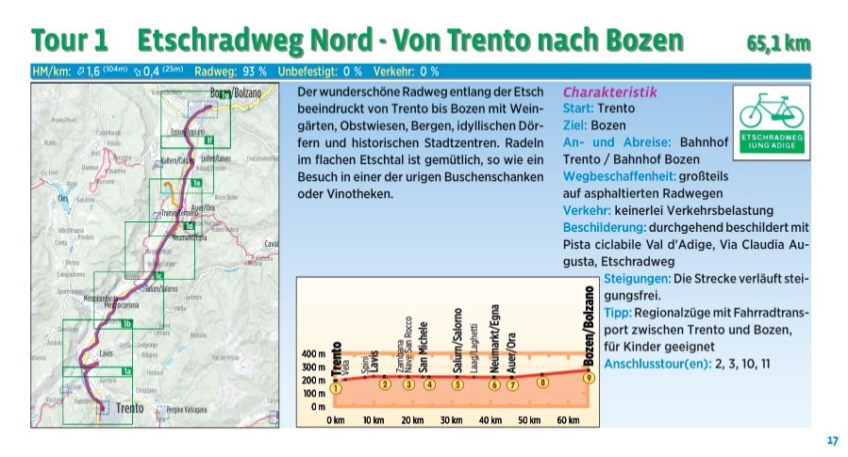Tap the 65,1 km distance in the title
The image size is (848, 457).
[777, 42]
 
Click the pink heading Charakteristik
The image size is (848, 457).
[609, 92]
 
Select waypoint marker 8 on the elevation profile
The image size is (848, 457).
[542, 381]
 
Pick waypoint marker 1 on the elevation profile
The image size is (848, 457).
[335, 387]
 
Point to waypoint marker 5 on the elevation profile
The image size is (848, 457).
[457, 384]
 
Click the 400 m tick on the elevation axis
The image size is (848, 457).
[315, 353]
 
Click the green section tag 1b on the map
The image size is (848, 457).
[127, 324]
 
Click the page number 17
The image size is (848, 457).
[832, 440]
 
